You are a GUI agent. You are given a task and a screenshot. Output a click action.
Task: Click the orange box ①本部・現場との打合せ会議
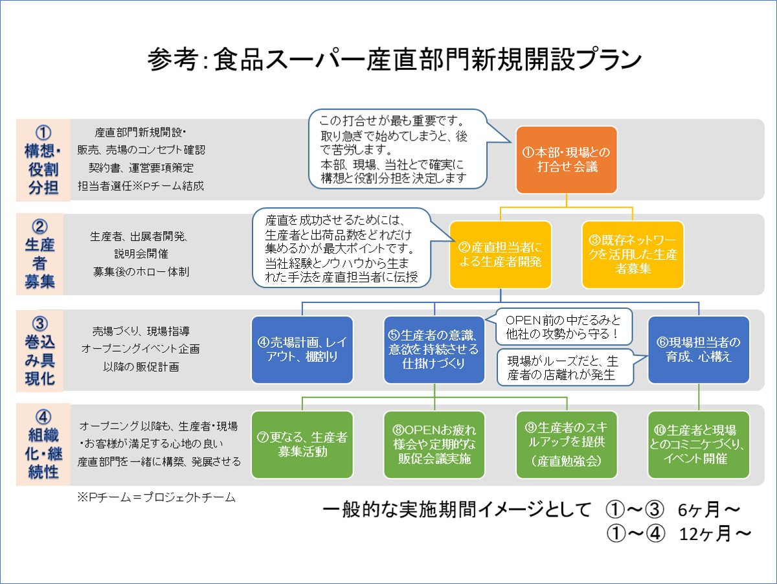pyautogui.click(x=567, y=160)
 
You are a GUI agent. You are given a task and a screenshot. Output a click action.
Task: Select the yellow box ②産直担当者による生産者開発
pyautogui.click(x=500, y=254)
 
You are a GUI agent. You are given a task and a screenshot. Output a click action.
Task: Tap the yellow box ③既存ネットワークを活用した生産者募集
pyautogui.click(x=633, y=254)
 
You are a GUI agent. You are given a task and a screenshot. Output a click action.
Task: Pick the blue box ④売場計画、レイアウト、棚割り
pyautogui.click(x=302, y=350)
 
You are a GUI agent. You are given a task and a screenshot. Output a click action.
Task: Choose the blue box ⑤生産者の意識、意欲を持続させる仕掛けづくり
pyautogui.click(x=434, y=350)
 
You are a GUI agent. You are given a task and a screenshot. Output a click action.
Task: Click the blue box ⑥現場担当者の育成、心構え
pyautogui.click(x=699, y=350)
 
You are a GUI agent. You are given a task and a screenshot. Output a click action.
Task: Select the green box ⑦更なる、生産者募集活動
pyautogui.click(x=302, y=445)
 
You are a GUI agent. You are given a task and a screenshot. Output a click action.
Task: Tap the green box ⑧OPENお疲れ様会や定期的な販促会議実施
pyautogui.click(x=434, y=445)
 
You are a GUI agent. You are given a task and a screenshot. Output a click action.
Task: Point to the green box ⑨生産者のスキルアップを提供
pyautogui.click(x=567, y=445)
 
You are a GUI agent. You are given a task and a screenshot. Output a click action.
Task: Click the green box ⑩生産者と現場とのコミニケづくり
pyautogui.click(x=699, y=445)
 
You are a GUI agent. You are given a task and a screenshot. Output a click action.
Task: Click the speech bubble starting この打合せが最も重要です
pyautogui.click(x=398, y=149)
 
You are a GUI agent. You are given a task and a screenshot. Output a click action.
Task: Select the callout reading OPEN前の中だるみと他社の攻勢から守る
pyautogui.click(x=563, y=327)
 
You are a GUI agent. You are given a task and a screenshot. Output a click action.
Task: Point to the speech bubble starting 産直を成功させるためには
pyautogui.click(x=342, y=248)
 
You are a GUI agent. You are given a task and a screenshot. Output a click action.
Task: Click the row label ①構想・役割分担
pyautogui.click(x=43, y=160)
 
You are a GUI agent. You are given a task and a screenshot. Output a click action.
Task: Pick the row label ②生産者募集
pyautogui.click(x=39, y=254)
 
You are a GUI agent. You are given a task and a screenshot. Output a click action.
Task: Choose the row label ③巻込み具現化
pyautogui.click(x=39, y=351)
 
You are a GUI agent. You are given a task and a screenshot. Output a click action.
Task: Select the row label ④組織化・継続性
pyautogui.click(x=43, y=445)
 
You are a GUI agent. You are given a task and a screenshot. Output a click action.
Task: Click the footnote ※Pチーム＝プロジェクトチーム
pyautogui.click(x=156, y=497)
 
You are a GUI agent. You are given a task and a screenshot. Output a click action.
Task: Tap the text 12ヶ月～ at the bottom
pyautogui.click(x=715, y=533)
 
